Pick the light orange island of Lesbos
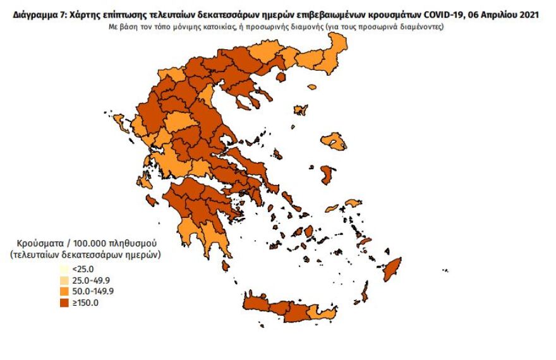click(x=333, y=141)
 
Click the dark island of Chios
click(x=327, y=175)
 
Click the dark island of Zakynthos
click(x=152, y=200)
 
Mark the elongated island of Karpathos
click(x=365, y=292)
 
